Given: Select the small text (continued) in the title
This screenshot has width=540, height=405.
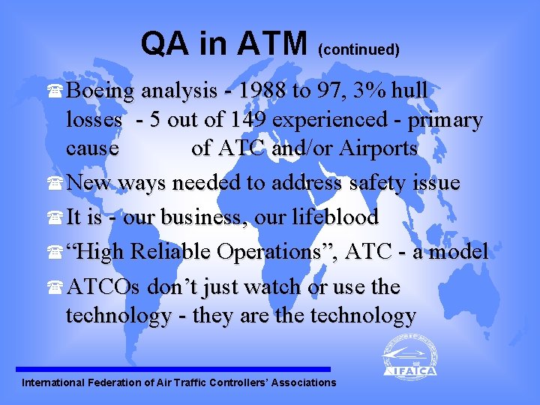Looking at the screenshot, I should point(358,50).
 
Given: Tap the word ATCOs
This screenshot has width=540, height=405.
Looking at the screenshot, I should point(104,286).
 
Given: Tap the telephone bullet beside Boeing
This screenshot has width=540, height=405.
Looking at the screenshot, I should point(57,92).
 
